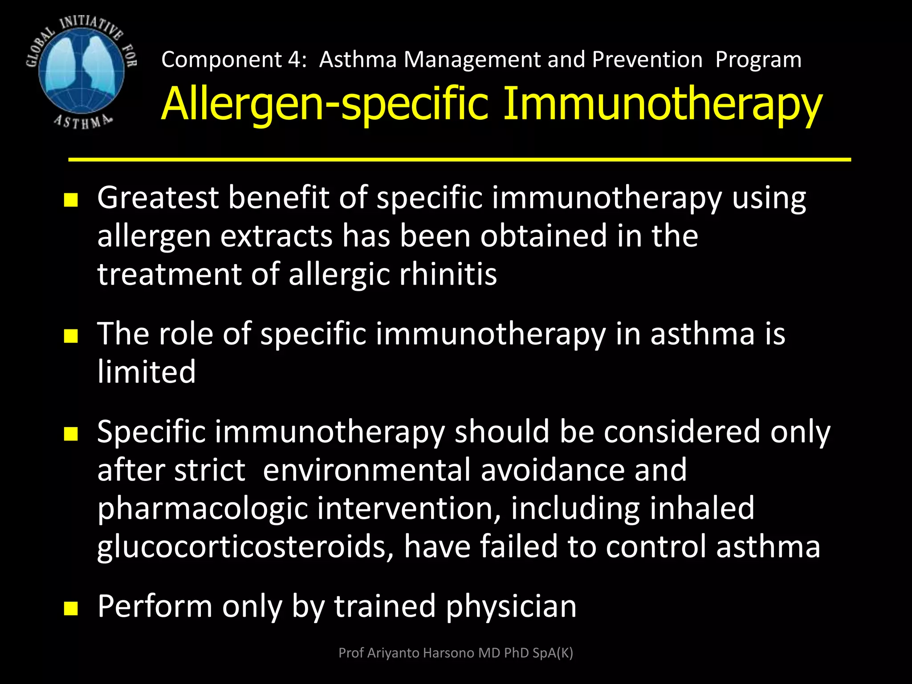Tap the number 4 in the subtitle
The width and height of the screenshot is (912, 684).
pos(294,59)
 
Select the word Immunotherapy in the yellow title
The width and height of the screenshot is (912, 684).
pos(662,105)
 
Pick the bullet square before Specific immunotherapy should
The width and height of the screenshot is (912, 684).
pos(71,434)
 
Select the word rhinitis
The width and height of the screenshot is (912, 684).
pos(448,274)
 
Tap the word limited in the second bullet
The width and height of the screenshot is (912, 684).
pos(147,372)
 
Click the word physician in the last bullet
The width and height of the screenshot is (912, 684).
pos(511,607)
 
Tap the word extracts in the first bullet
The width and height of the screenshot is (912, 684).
pos(276,236)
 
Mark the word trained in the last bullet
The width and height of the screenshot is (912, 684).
pos(385,607)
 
